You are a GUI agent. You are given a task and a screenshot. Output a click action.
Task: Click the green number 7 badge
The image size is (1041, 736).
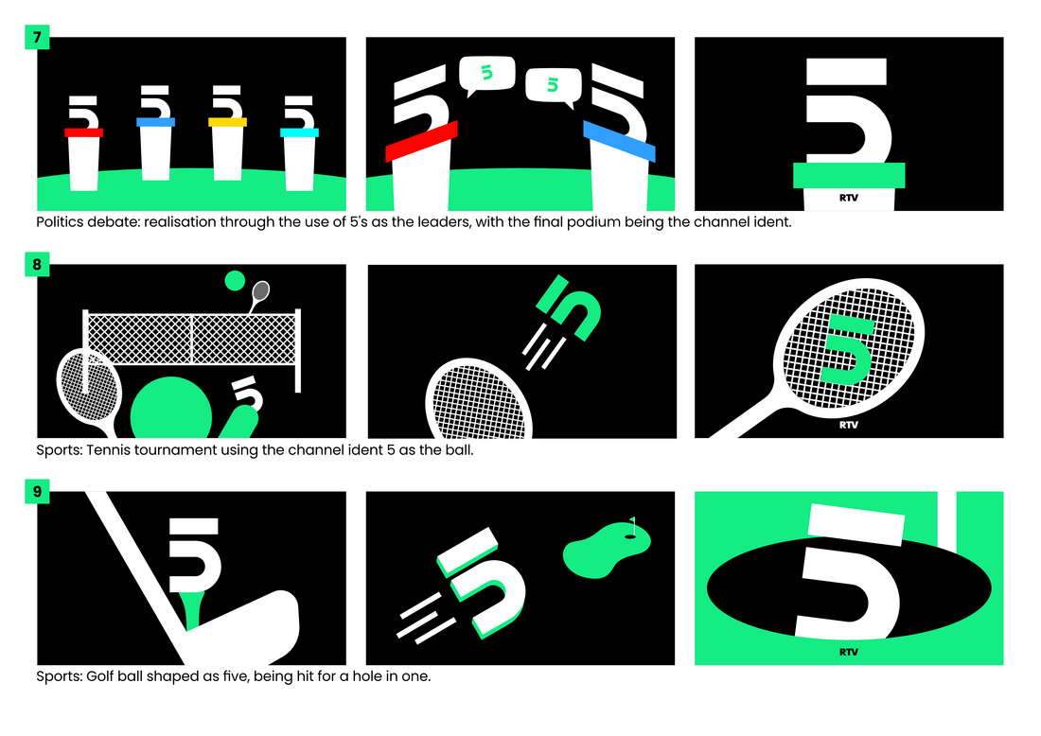click(37, 37)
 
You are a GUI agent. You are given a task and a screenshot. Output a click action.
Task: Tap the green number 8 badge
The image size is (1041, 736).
click(37, 264)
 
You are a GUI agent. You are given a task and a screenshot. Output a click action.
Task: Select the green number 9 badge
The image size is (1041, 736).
click(37, 491)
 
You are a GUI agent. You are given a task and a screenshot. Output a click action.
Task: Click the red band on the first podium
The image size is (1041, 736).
click(83, 132)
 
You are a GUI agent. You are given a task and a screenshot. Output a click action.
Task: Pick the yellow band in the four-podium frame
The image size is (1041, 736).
click(228, 122)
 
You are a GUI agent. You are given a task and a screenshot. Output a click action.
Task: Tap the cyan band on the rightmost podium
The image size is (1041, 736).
click(299, 132)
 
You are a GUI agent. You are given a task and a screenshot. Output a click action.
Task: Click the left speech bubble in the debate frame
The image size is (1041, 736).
click(486, 75)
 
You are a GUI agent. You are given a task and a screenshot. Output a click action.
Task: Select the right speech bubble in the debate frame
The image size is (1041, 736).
click(554, 86)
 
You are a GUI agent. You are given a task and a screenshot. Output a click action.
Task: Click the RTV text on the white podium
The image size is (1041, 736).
click(849, 198)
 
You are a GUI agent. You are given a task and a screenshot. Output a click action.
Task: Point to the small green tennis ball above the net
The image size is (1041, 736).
click(235, 281)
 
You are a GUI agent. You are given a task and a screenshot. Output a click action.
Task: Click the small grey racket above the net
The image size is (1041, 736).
click(259, 294)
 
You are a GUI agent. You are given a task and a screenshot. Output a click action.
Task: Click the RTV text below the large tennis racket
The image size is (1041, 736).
click(849, 425)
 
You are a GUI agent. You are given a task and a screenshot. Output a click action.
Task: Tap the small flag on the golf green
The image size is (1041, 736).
click(633, 525)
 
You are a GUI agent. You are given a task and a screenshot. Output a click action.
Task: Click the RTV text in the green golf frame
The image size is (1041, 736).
click(849, 652)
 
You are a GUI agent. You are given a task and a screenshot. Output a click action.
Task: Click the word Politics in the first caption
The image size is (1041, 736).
click(60, 221)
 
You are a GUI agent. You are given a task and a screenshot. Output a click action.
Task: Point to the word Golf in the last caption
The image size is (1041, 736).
click(99, 676)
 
